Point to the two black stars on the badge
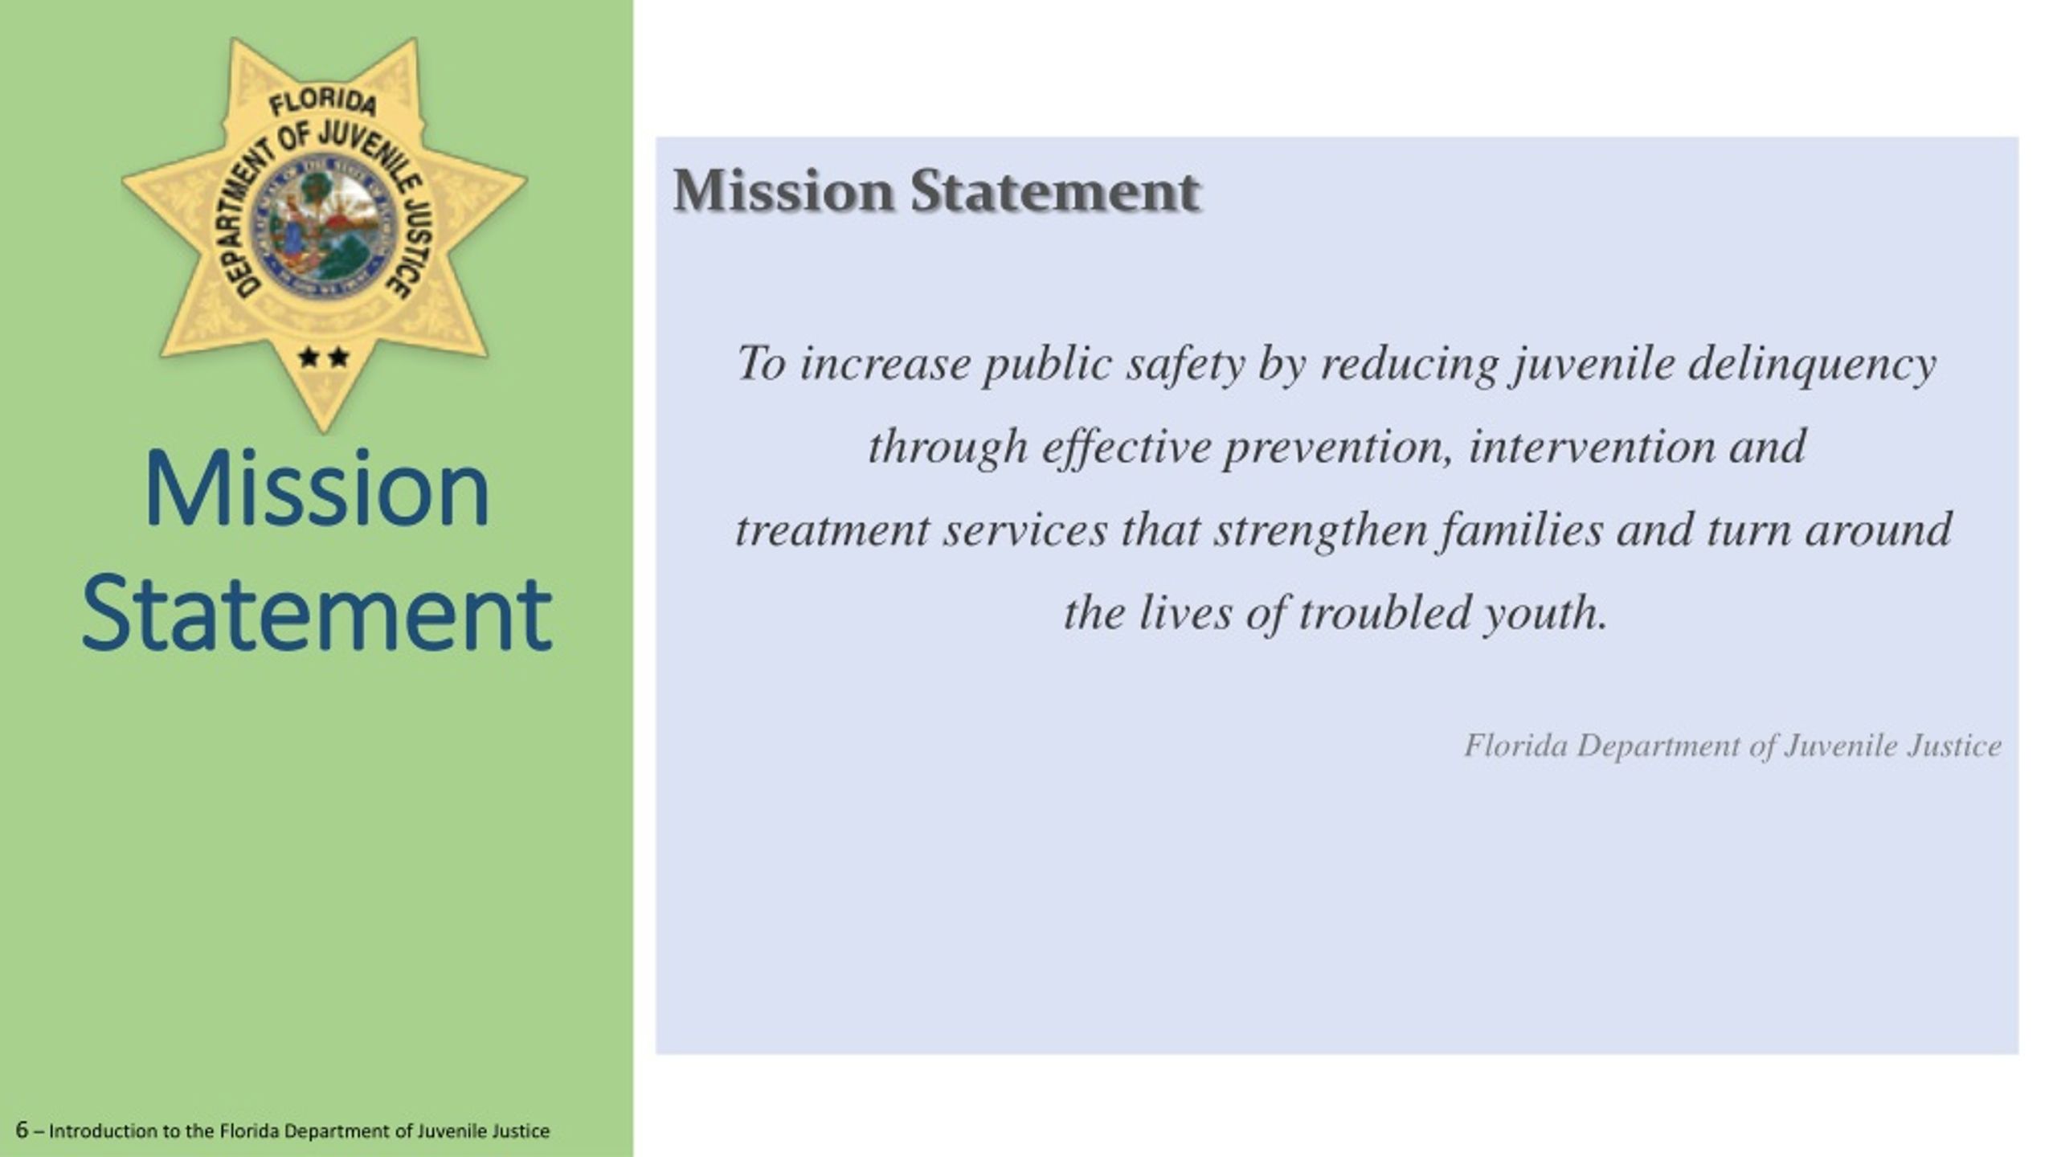[324, 356]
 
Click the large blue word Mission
[317, 489]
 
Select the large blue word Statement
[317, 614]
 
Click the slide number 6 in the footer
[22, 1130]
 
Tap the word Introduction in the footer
[103, 1131]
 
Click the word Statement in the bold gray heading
[1055, 192]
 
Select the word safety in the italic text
[1185, 364]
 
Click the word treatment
[832, 531]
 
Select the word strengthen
[1320, 531]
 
